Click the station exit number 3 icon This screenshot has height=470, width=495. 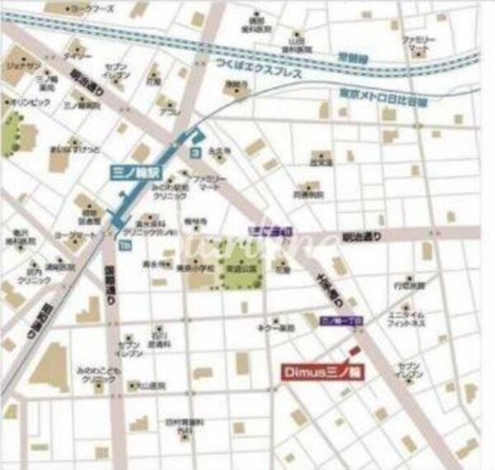click(x=195, y=153)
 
